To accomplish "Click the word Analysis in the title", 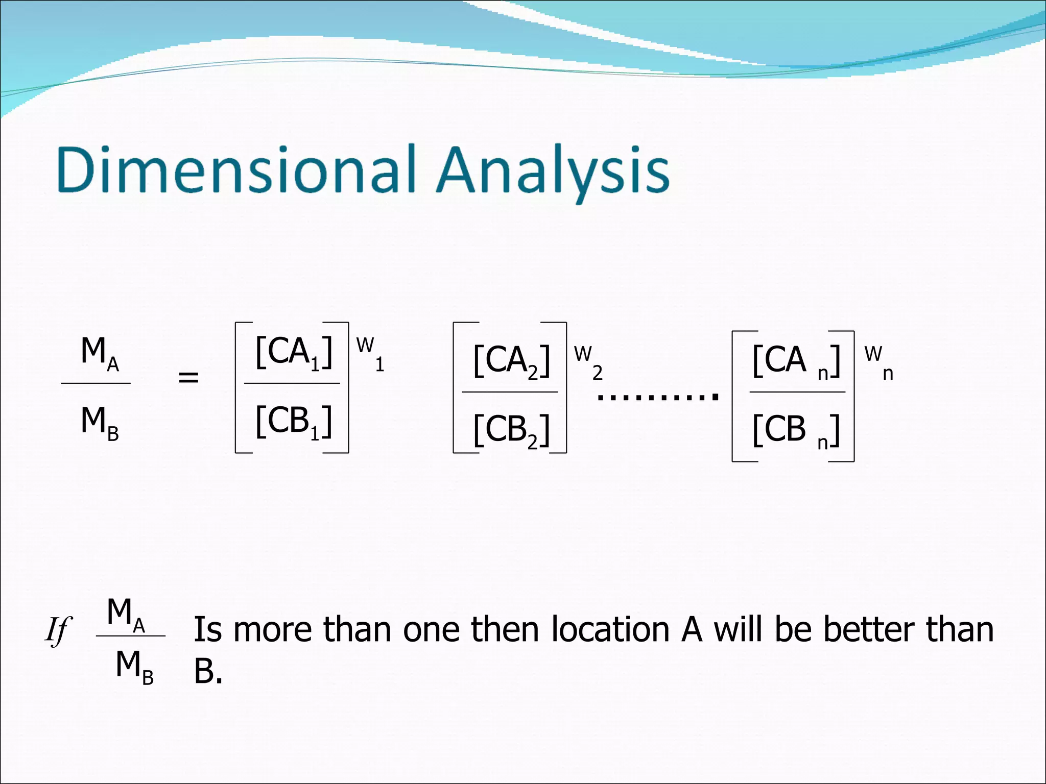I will coord(554,171).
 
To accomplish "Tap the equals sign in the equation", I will coord(188,378).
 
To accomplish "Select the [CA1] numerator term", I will coord(294,352).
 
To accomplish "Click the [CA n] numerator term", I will coord(796,361).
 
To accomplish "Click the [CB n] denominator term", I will coord(796,430).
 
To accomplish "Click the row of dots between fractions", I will coord(658,396).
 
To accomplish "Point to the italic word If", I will coord(57,631).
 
